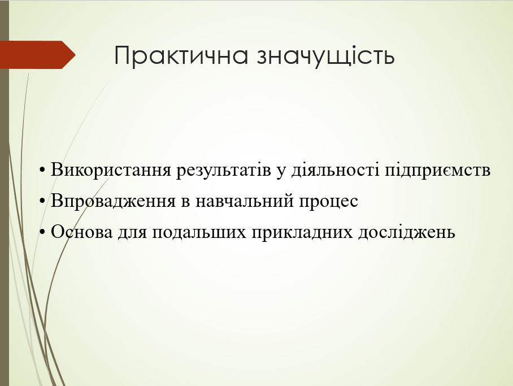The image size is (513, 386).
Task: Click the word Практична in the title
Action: coord(181,55)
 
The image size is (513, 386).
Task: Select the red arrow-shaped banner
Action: coord(38,55)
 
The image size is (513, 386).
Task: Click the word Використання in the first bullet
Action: coord(111,170)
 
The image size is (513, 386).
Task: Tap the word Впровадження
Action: coord(113,201)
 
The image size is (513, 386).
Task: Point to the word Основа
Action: coord(81,232)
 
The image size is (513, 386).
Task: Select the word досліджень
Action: coord(407,232)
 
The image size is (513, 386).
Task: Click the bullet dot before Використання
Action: coord(42,171)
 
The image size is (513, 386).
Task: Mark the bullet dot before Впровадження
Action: coord(42,201)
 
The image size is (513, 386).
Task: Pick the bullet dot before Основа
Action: coord(42,232)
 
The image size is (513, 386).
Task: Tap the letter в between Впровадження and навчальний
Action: coord(185,202)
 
